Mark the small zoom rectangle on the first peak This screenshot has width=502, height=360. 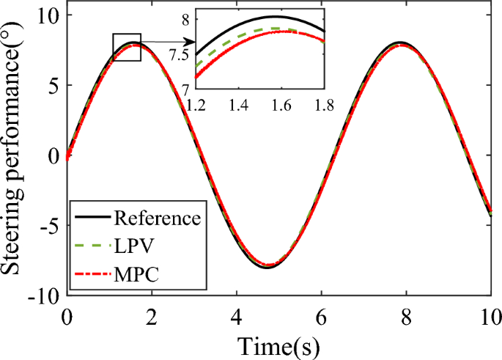pos(126,48)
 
